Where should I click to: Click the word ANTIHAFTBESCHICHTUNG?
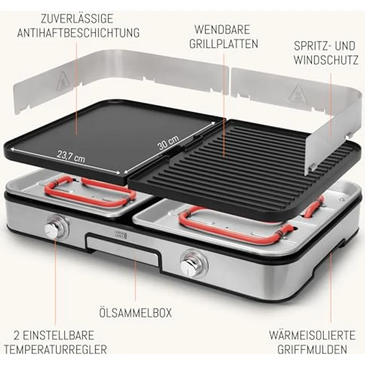pos(78,33)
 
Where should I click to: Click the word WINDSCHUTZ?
pos(325,61)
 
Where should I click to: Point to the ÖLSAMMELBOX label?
pos(135,312)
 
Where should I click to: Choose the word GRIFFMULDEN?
pos(312,350)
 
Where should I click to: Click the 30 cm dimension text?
pos(168,144)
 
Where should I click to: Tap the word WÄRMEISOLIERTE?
pos(312,335)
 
